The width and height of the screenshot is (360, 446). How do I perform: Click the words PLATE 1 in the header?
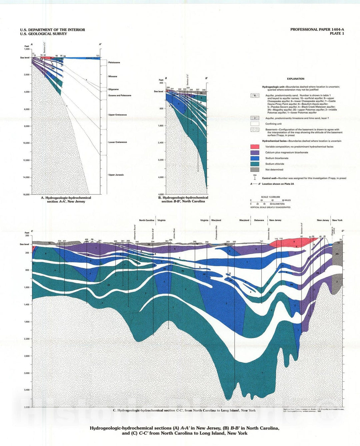tap(337, 34)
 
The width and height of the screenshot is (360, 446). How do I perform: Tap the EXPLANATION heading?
tap(295, 79)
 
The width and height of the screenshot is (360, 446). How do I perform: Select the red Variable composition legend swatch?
tap(255, 147)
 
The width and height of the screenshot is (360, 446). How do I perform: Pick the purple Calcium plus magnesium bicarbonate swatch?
tap(255, 152)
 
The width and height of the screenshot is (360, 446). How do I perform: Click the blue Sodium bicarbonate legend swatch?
tap(255, 158)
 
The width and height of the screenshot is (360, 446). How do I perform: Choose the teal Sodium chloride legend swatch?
tap(255, 164)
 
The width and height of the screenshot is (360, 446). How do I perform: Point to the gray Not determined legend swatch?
tap(255, 169)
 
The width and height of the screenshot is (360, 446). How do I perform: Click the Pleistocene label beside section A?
tap(114, 63)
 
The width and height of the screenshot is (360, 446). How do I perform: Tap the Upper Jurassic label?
tap(116, 175)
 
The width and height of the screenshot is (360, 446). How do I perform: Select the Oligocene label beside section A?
tap(113, 89)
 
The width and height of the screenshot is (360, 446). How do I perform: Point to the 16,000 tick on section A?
tap(26, 194)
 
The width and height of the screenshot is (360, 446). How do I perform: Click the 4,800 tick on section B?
tap(161, 194)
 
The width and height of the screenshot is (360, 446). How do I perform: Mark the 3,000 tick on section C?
tap(26, 373)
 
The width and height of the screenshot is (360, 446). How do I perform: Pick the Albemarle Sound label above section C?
tap(135, 232)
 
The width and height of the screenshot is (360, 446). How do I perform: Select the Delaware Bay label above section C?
tap(269, 234)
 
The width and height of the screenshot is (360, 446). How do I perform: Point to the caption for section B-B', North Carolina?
tap(183, 199)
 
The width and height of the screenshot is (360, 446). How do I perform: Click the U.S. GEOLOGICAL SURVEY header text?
tap(43, 34)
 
